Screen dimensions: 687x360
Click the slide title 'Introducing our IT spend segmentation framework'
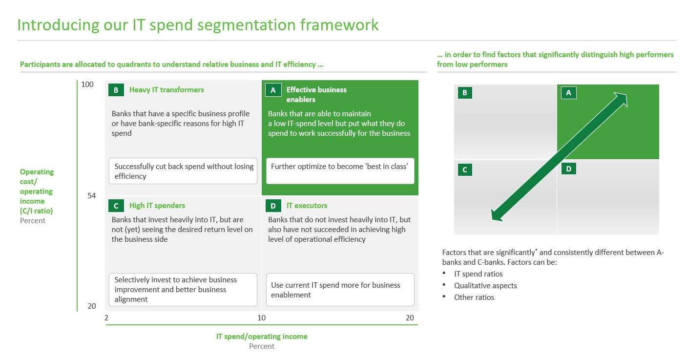(x=198, y=25)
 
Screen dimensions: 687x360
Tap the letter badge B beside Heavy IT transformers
(x=116, y=90)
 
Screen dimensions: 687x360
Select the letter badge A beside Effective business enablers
(x=273, y=90)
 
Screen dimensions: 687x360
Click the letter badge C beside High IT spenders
(x=116, y=206)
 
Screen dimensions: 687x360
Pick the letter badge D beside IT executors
(x=273, y=206)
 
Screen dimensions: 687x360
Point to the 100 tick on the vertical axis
(x=87, y=85)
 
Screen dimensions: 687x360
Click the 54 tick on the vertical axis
(x=91, y=195)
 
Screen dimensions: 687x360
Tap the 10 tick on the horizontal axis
(x=261, y=318)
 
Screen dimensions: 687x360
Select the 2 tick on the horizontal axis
(x=106, y=318)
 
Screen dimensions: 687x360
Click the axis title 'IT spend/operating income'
(x=262, y=337)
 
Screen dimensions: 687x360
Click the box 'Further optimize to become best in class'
(x=340, y=171)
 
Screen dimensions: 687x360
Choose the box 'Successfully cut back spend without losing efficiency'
(x=183, y=171)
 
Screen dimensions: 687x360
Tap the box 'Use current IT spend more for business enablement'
(x=340, y=289)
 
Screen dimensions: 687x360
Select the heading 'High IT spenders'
(x=157, y=206)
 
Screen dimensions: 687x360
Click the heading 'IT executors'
(x=307, y=206)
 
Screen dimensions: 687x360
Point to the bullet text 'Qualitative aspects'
(x=485, y=286)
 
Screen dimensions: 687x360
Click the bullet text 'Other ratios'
(x=474, y=297)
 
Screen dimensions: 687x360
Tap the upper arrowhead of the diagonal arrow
(x=621, y=99)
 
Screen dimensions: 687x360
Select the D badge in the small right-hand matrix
(x=569, y=169)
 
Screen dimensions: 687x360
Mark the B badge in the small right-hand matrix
(x=465, y=93)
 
